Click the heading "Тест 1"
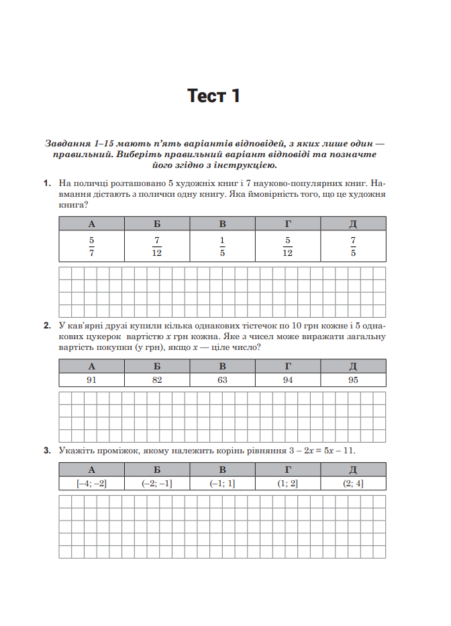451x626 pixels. [x=213, y=96]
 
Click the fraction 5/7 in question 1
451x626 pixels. [x=91, y=247]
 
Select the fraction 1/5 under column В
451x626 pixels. [x=222, y=247]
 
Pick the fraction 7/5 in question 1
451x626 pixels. [x=353, y=247]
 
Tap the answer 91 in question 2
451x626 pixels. [x=91, y=380]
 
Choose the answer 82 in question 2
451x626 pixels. [x=157, y=380]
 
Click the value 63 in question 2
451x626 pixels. [x=222, y=380]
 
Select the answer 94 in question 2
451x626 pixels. [x=287, y=380]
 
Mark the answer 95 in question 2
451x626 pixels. [x=353, y=380]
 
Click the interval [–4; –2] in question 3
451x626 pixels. [x=91, y=483]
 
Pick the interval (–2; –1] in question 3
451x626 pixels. [x=157, y=483]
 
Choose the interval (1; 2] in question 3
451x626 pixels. [x=287, y=483]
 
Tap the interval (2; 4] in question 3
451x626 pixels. [x=353, y=483]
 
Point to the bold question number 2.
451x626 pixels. [x=47, y=326]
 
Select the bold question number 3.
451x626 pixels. [x=47, y=451]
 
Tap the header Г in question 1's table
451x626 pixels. [x=287, y=224]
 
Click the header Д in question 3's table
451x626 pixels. [x=353, y=469]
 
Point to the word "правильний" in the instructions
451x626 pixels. [x=79, y=154]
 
